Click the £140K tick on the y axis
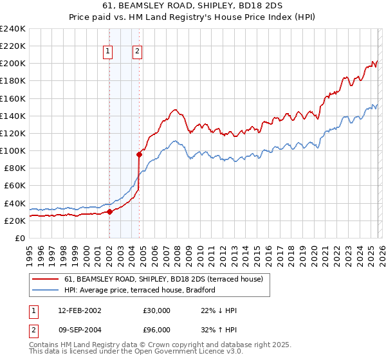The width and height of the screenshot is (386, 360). (x=13, y=116)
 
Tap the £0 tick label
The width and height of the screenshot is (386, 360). (x=21, y=238)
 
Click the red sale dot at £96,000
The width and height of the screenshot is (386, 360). (x=139, y=154)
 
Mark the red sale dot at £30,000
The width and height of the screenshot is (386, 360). (x=109, y=212)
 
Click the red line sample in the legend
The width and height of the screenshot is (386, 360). (x=46, y=280)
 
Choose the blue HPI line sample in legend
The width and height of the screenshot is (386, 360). (x=46, y=291)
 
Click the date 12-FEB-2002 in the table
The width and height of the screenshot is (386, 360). (x=79, y=310)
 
